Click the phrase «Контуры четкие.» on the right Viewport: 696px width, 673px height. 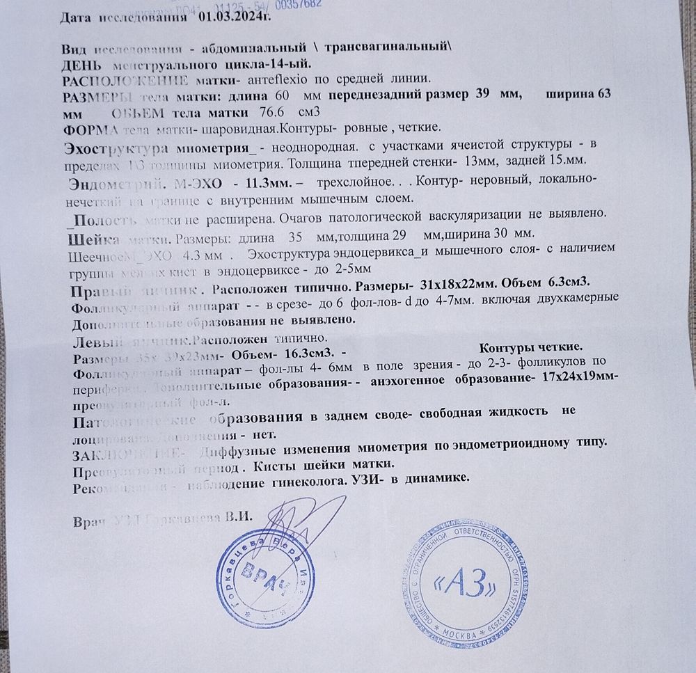point(531,347)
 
